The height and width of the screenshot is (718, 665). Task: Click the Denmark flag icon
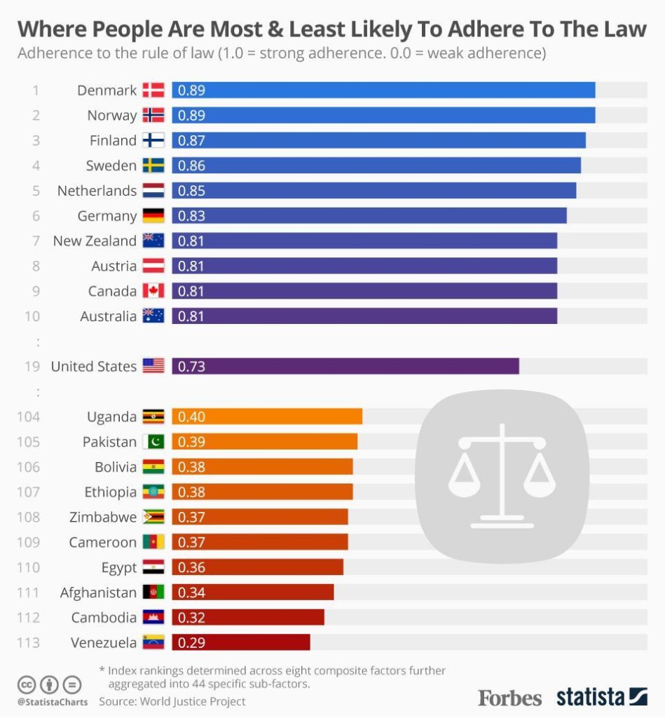153,90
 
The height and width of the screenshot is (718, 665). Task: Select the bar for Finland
378,140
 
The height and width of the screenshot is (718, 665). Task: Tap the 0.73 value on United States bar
191,366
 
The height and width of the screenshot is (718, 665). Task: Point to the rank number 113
28,642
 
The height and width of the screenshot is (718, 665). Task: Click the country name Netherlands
97,191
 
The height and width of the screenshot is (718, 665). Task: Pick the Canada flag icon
153,291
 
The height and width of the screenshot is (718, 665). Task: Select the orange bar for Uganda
267,416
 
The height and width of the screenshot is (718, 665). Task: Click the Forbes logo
509,698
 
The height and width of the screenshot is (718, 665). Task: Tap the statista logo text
590,697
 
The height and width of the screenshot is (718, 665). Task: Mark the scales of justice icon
502,477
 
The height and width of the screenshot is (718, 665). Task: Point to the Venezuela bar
240,642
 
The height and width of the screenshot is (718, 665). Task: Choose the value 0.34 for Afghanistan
191,592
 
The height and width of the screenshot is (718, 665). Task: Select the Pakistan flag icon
153,442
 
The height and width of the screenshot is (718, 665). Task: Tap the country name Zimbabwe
103,517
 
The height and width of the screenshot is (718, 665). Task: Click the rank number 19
32,366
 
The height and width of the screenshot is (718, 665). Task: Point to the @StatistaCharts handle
53,701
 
